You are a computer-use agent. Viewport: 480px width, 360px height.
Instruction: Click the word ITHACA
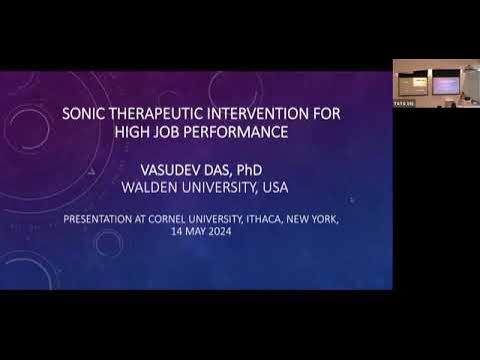tap(273, 217)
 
